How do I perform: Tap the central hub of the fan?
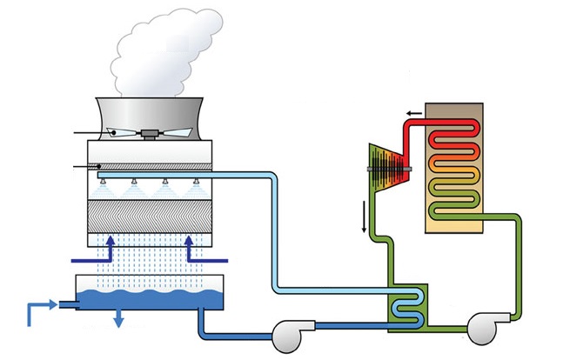[150, 134]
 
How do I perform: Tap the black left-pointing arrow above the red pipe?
[412, 113]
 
